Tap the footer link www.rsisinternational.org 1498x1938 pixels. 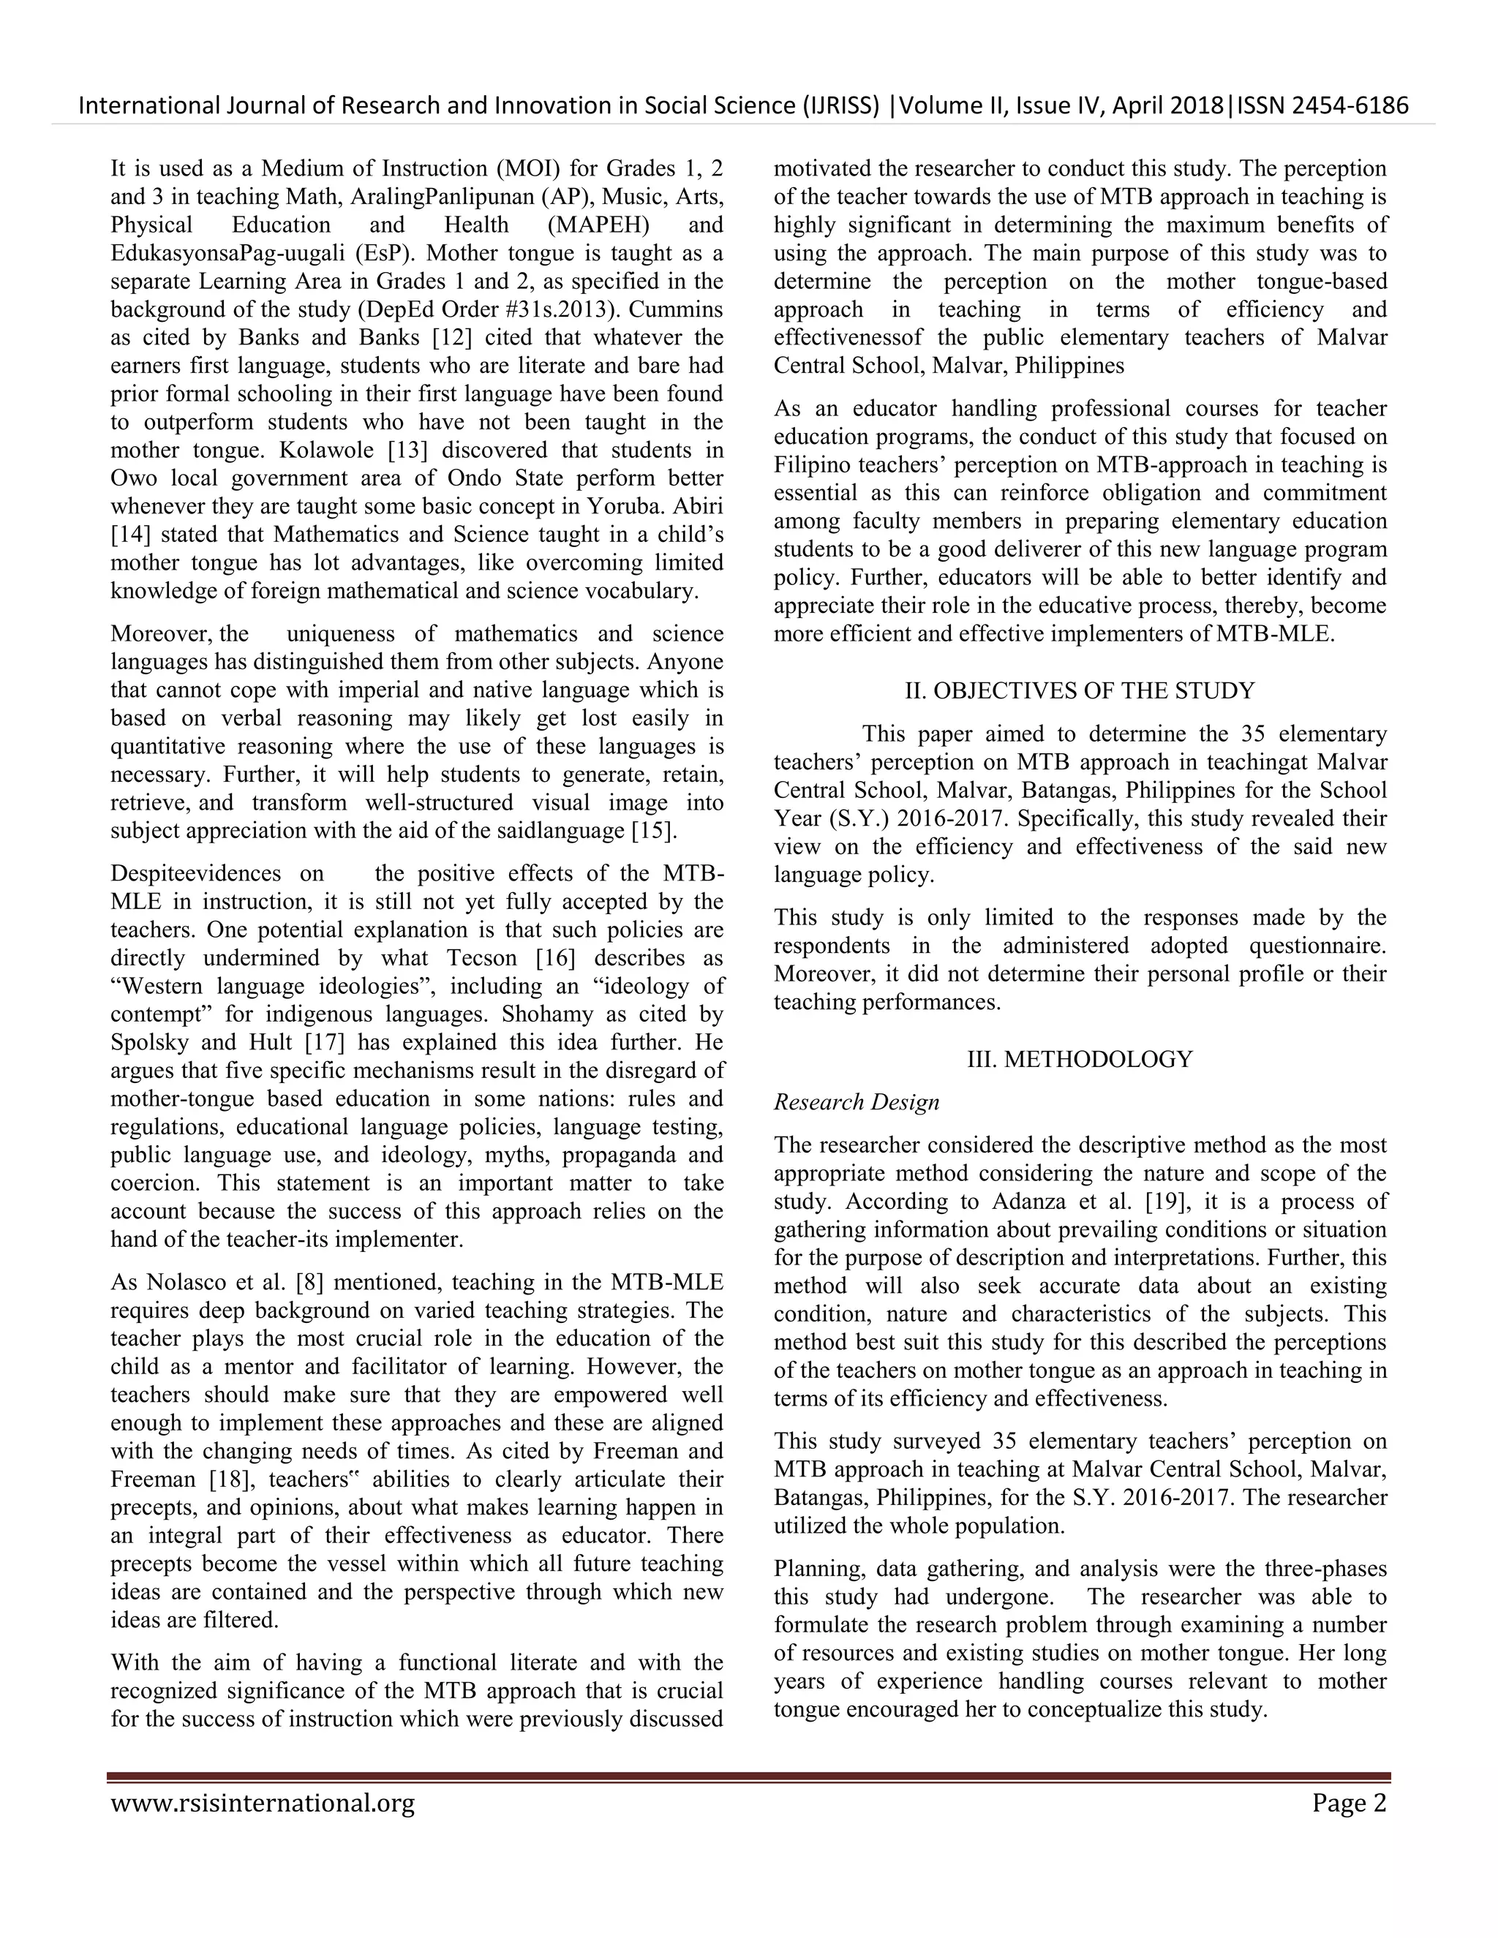click(x=263, y=1804)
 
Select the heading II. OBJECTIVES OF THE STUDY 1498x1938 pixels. click(x=1079, y=690)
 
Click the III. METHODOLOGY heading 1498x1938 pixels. click(x=1079, y=1059)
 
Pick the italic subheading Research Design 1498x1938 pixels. click(x=857, y=1102)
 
